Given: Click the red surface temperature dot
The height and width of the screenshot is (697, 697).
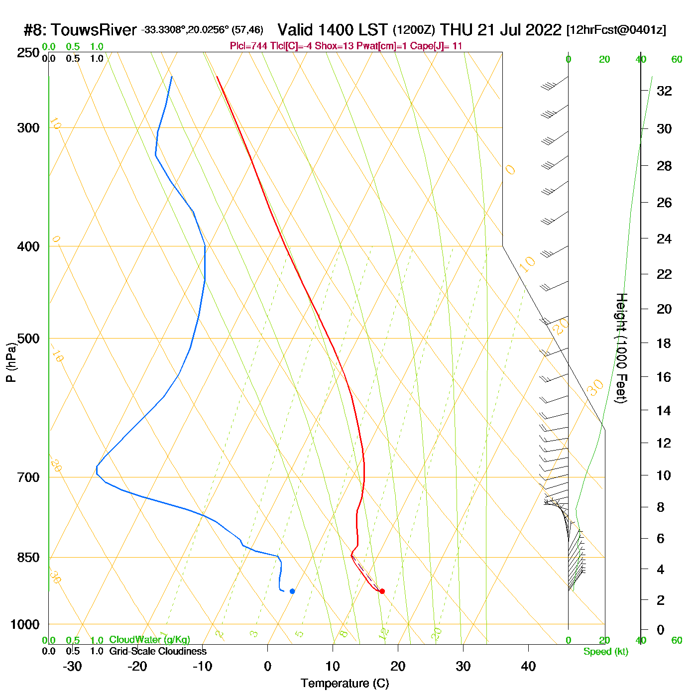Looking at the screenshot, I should click(x=382, y=591).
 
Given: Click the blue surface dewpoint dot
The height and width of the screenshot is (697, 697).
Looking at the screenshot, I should click(x=292, y=591).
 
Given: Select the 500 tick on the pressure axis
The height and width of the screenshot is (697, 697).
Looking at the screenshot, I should click(x=28, y=339).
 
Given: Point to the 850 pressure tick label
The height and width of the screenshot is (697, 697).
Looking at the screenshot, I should click(x=28, y=557).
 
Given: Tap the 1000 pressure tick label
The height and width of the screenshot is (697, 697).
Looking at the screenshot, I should click(x=25, y=624).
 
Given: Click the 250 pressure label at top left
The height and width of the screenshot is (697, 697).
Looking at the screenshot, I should click(x=28, y=53).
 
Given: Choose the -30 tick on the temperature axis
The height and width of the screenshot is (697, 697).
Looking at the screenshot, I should click(x=72, y=666).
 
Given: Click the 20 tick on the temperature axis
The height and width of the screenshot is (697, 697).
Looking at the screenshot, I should click(x=398, y=666).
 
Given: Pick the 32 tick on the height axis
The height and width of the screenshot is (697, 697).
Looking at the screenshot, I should click(x=664, y=91).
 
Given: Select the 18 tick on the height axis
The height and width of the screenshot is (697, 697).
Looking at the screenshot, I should click(x=664, y=343).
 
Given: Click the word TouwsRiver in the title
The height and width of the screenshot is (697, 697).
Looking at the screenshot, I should click(x=94, y=30).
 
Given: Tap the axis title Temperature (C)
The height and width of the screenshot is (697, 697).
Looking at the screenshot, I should click(x=345, y=684).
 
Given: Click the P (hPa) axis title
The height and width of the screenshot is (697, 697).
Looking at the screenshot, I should click(x=11, y=362).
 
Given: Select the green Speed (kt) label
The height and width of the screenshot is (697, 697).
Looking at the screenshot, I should click(x=606, y=652).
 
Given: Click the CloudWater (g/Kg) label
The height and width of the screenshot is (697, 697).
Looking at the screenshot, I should click(x=149, y=640).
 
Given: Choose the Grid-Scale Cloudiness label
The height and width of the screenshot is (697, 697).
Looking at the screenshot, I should click(x=158, y=651).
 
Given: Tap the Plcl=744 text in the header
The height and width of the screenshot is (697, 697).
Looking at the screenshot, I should click(x=248, y=46).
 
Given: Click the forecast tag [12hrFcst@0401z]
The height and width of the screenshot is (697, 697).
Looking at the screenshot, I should click(x=616, y=30).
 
